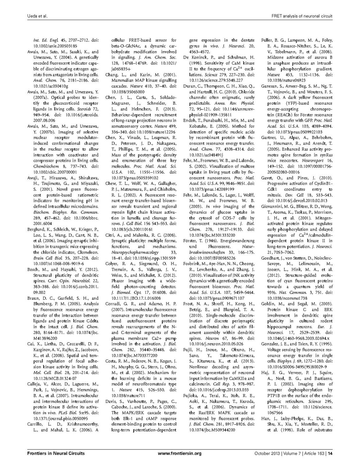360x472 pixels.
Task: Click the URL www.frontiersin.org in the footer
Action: [180, 453]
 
